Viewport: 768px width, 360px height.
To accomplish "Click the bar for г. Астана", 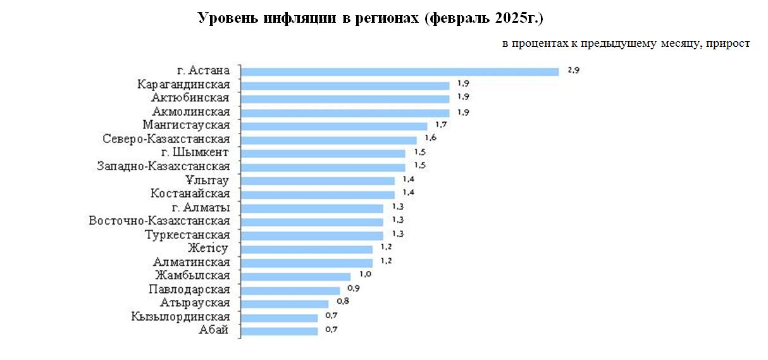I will click(x=400, y=71).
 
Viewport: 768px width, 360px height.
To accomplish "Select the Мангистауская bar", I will click(x=335, y=126).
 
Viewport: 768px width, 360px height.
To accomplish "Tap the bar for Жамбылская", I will click(x=296, y=276).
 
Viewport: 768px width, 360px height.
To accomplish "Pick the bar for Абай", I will click(x=280, y=330).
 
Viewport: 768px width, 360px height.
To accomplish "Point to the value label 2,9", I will click(x=573, y=71).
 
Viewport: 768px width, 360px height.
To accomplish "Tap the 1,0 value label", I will click(x=364, y=275).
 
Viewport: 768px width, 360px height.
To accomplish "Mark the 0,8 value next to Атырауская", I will click(x=343, y=302).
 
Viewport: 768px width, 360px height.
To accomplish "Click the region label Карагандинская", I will click(x=183, y=84).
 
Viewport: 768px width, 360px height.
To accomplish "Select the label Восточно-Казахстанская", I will click(x=159, y=221).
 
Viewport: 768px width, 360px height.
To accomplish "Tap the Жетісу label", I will click(x=207, y=248).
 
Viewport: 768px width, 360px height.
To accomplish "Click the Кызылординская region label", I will click(x=181, y=316).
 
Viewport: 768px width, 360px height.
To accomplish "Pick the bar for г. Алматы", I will click(x=313, y=208).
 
